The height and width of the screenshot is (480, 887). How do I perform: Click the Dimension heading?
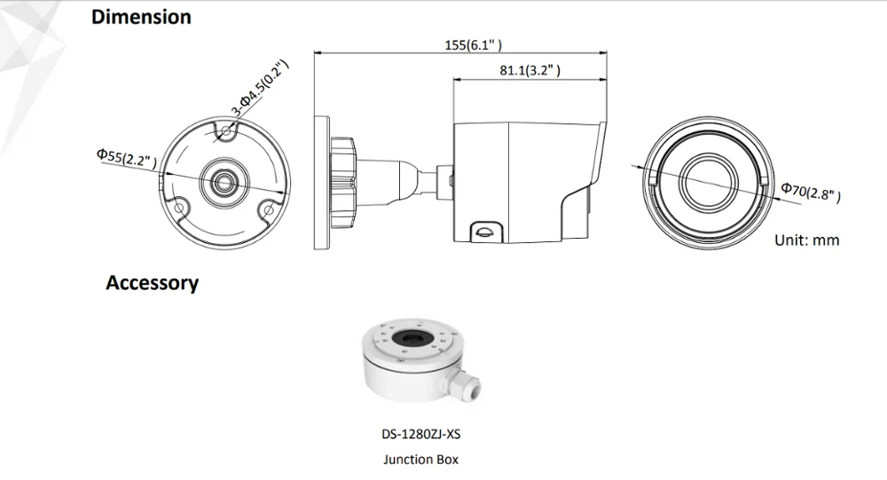tap(141, 17)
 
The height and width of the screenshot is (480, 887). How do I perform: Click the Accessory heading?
tap(152, 283)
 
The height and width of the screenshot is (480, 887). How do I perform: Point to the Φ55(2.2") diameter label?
tap(127, 158)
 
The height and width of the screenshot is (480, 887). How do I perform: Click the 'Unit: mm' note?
tap(806, 240)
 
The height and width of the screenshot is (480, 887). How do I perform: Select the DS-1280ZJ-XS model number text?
tap(421, 436)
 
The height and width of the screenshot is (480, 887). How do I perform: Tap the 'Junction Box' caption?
tap(421, 460)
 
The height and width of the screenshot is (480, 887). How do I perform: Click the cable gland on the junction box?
tap(467, 385)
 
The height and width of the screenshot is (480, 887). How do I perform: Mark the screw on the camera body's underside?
tap(484, 231)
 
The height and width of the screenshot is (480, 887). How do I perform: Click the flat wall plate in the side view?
tap(321, 181)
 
